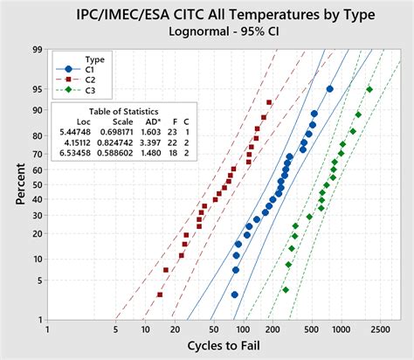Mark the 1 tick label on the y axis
pos(39,319)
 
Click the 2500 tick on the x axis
pos(380,330)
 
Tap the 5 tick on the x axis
pos(115,330)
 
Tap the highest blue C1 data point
pos(329,89)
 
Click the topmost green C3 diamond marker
pos(369,89)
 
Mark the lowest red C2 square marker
pos(160,294)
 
